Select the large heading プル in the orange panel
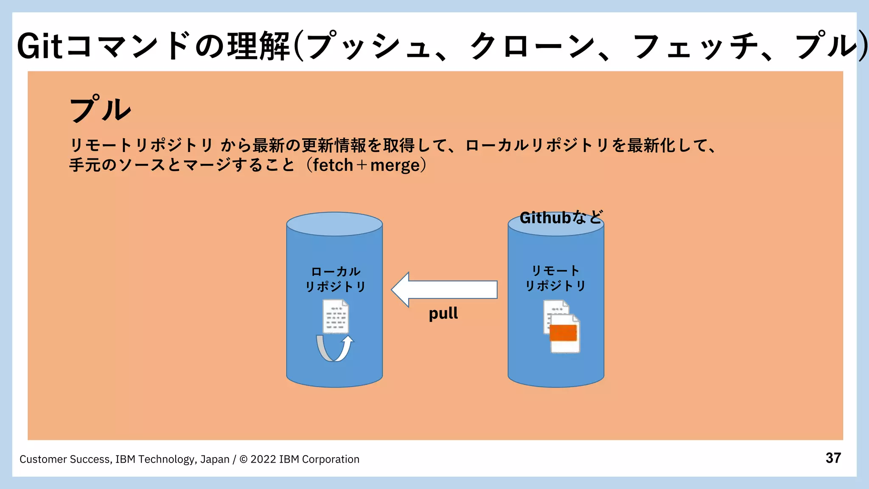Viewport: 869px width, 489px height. click(100, 109)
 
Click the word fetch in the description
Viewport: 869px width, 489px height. click(333, 165)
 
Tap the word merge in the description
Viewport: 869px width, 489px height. click(395, 165)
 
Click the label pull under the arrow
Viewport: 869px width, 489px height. click(443, 314)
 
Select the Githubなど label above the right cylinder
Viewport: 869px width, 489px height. click(561, 218)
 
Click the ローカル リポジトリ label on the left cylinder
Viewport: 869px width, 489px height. click(335, 279)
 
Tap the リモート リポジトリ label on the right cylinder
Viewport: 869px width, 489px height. click(555, 278)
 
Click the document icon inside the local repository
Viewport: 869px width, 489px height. click(336, 316)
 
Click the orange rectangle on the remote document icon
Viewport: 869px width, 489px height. click(563, 333)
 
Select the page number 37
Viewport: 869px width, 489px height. click(833, 458)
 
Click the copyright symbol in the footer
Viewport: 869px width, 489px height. click(244, 459)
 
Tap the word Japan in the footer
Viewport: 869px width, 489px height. click(215, 459)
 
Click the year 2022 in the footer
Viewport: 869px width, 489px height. click(263, 459)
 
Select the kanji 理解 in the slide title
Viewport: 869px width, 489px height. click(259, 46)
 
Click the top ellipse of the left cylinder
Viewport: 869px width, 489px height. click(334, 224)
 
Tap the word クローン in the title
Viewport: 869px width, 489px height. click(533, 46)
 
